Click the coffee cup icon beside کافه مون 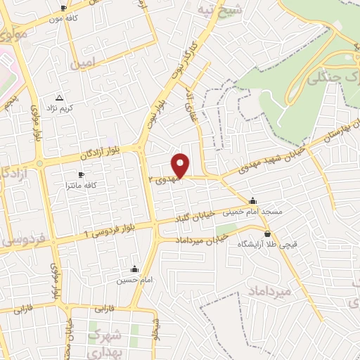[65, 8]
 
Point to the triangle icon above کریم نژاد [59, 98]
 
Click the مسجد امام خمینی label [252, 212]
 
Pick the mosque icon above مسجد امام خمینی [253, 200]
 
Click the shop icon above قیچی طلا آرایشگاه [267, 233]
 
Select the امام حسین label [134, 280]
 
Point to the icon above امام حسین [134, 268]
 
